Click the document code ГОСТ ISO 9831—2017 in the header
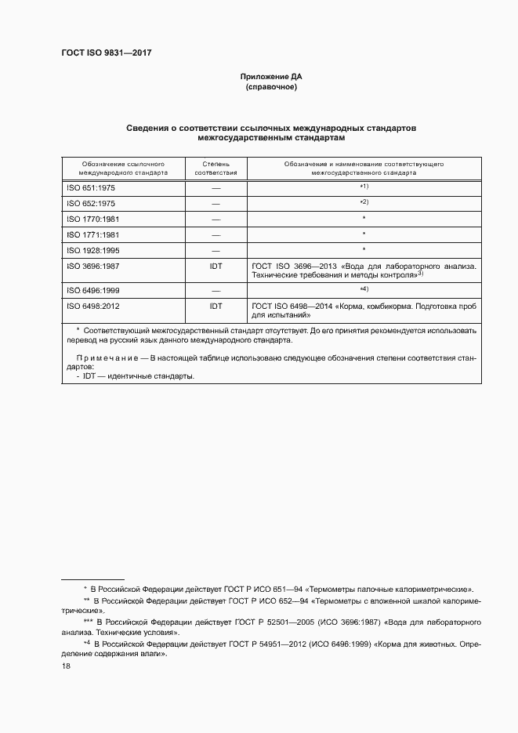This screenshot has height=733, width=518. (x=106, y=54)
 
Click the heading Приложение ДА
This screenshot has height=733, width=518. (x=271, y=77)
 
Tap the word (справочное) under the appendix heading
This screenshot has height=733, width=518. (x=271, y=87)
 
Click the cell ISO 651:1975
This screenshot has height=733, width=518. (x=90, y=189)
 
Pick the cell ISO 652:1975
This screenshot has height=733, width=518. (x=90, y=204)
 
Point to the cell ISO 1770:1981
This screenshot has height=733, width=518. (x=92, y=220)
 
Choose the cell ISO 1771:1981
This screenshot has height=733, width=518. (x=92, y=235)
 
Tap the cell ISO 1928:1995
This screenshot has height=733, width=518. (x=92, y=250)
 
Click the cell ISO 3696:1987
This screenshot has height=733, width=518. (x=92, y=267)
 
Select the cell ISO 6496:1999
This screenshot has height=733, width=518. (x=92, y=291)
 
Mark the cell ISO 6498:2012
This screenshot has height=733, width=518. (x=92, y=307)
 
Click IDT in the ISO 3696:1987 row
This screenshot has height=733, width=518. (x=216, y=267)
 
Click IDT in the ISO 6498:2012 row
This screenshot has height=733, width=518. (x=216, y=307)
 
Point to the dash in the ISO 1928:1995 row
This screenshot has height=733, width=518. (x=216, y=250)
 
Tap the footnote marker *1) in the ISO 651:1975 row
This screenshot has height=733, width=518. (x=364, y=187)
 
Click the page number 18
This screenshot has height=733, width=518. (x=66, y=666)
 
